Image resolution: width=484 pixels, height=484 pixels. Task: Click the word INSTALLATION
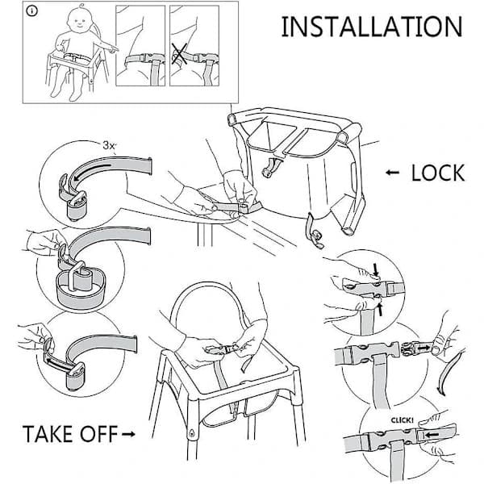pyautogui.click(x=372, y=27)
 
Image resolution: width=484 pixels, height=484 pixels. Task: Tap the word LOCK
pyautogui.click(x=438, y=173)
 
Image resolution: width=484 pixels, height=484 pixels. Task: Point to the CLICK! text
pyautogui.click(x=402, y=420)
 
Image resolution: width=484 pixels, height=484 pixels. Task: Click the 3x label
pyautogui.click(x=109, y=145)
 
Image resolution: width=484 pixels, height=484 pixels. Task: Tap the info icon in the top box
pyautogui.click(x=32, y=11)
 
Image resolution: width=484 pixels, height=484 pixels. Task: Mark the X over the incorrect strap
pyautogui.click(x=179, y=54)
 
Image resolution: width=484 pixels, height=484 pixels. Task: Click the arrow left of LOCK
pyautogui.click(x=392, y=173)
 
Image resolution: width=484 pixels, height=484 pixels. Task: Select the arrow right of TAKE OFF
pyautogui.click(x=128, y=434)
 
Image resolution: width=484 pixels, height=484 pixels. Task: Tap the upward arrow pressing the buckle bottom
pyautogui.click(x=380, y=310)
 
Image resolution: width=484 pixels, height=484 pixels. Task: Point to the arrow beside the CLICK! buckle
pyautogui.click(x=432, y=435)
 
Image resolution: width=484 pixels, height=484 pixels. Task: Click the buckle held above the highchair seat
pyautogui.click(x=220, y=349)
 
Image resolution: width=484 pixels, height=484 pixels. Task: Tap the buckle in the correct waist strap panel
pyautogui.click(x=149, y=58)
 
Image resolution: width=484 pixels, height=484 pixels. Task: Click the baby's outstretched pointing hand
pyautogui.click(x=111, y=48)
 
